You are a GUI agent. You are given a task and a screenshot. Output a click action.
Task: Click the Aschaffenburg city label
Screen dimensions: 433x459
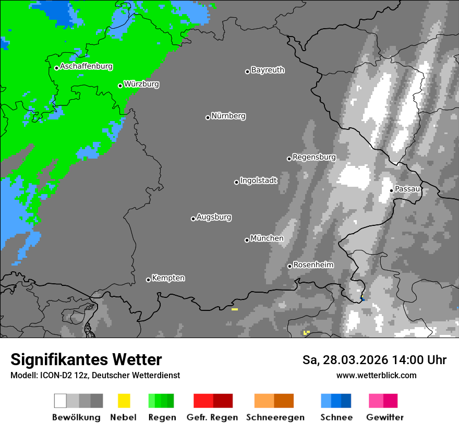click(86, 67)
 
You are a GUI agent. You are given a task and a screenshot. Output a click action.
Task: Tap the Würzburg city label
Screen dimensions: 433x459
click(141, 84)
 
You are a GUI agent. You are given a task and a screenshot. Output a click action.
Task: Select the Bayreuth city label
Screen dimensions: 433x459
click(268, 70)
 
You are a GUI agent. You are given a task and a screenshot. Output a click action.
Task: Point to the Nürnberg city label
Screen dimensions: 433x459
click(228, 116)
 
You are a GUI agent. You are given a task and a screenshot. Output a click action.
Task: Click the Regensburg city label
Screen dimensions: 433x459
click(314, 157)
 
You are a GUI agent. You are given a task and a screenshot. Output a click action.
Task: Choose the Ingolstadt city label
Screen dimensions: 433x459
click(259, 181)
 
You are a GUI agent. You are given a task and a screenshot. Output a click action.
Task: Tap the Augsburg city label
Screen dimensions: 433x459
click(214, 217)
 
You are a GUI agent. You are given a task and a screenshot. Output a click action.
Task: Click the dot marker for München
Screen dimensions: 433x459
click(247, 240)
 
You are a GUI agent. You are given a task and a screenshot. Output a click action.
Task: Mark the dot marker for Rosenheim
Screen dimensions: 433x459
click(289, 267)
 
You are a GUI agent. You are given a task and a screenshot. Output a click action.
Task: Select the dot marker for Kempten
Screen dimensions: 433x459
click(148, 280)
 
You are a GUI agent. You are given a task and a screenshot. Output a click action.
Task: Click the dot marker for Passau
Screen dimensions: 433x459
click(392, 190)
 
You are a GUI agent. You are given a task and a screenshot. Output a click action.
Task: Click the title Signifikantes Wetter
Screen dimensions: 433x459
click(86, 360)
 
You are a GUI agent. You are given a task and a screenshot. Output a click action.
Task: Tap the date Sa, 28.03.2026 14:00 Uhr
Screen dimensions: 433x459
click(374, 360)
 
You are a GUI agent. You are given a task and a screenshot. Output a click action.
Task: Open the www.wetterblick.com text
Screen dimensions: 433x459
click(376, 375)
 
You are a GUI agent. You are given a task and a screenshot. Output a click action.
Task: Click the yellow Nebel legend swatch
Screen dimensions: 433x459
click(124, 401)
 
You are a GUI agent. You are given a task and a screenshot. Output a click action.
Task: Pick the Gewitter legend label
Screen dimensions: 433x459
click(384, 417)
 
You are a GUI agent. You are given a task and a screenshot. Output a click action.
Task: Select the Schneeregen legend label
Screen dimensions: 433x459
click(275, 417)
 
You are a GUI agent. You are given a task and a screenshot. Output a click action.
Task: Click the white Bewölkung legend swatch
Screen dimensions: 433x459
click(61, 401)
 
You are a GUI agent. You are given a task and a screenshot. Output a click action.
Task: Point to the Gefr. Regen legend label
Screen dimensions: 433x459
click(212, 417)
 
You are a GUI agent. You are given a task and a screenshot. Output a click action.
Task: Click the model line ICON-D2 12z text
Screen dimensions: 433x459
click(95, 376)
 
